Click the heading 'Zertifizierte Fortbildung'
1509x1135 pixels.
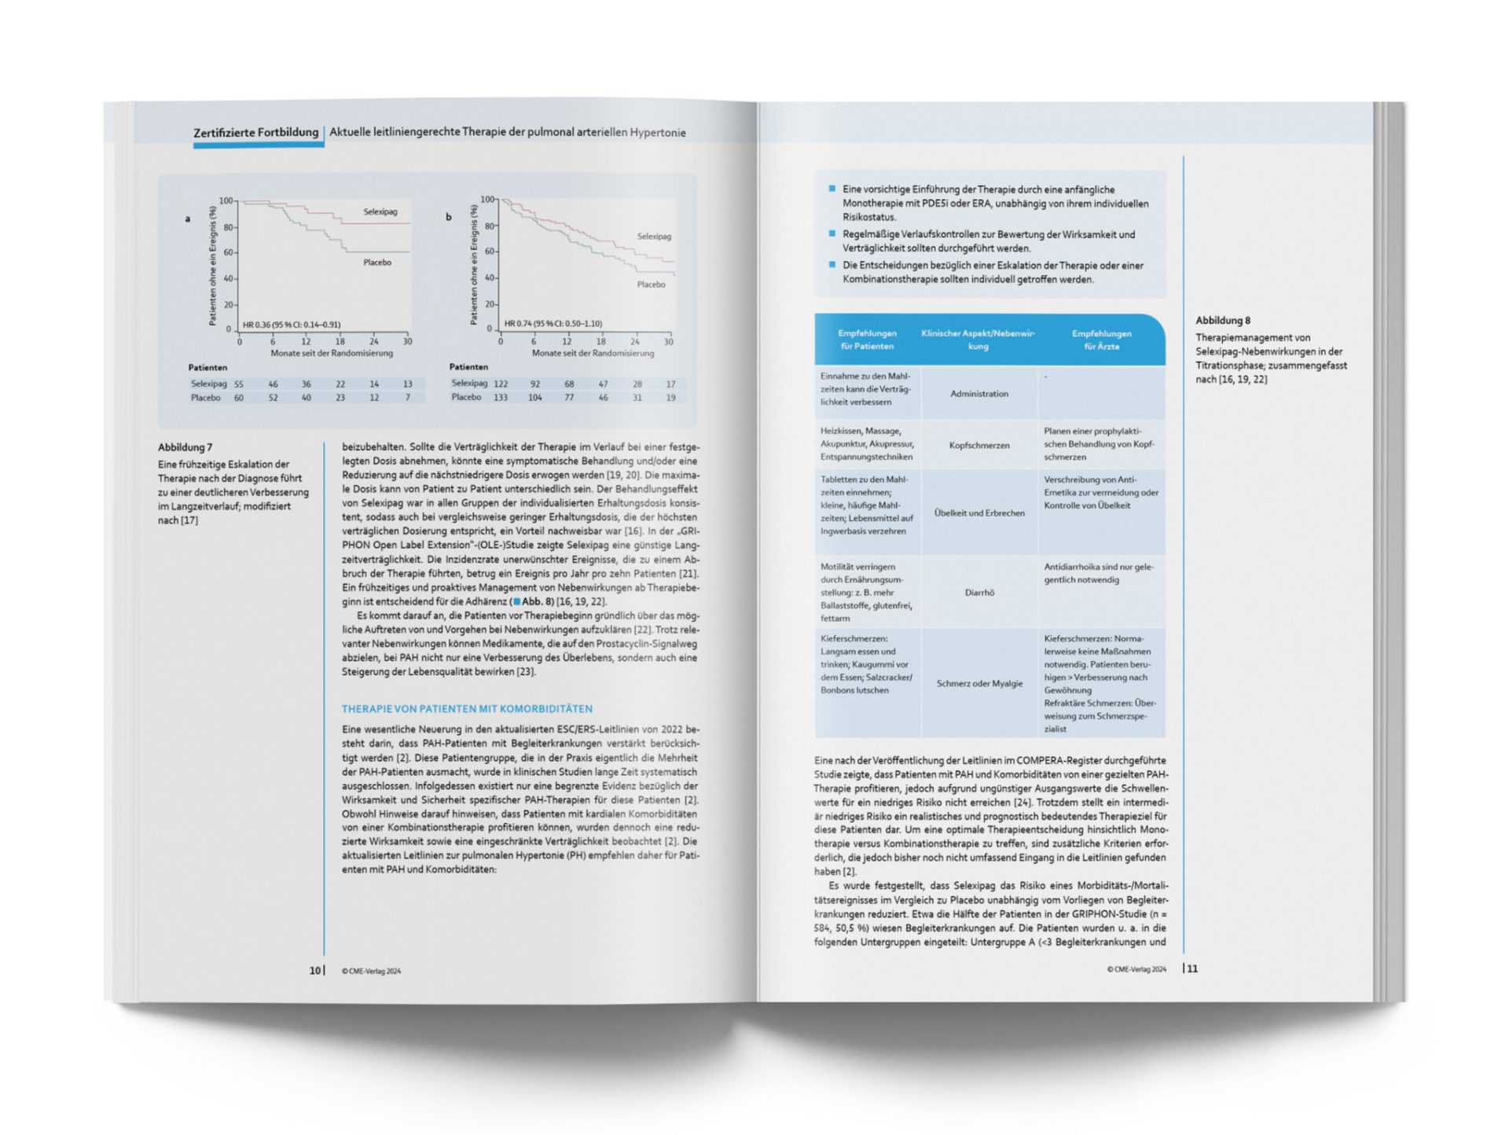coord(255,132)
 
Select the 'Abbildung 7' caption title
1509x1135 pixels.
coord(185,447)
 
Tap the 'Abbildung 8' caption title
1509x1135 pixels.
coord(1222,320)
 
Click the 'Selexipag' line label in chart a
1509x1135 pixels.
coord(380,211)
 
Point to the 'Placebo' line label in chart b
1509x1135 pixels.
coord(651,285)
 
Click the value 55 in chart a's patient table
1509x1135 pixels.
coord(239,384)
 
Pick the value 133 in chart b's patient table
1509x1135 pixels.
coord(500,398)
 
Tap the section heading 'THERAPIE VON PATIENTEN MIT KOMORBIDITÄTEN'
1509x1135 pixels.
coord(467,709)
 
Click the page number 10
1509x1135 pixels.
coord(314,971)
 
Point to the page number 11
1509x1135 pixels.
coord(1192,969)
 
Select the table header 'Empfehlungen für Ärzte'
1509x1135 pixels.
coord(1101,340)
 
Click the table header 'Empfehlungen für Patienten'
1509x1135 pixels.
coord(867,340)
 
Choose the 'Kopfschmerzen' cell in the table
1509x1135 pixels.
coord(979,445)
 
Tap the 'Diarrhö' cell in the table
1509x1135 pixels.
coord(979,593)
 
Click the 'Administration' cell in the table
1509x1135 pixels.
coord(979,394)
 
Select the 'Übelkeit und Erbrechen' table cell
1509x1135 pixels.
coord(979,513)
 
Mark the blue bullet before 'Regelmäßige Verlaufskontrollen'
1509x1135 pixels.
coord(832,233)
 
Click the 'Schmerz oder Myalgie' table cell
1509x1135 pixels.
coord(979,684)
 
